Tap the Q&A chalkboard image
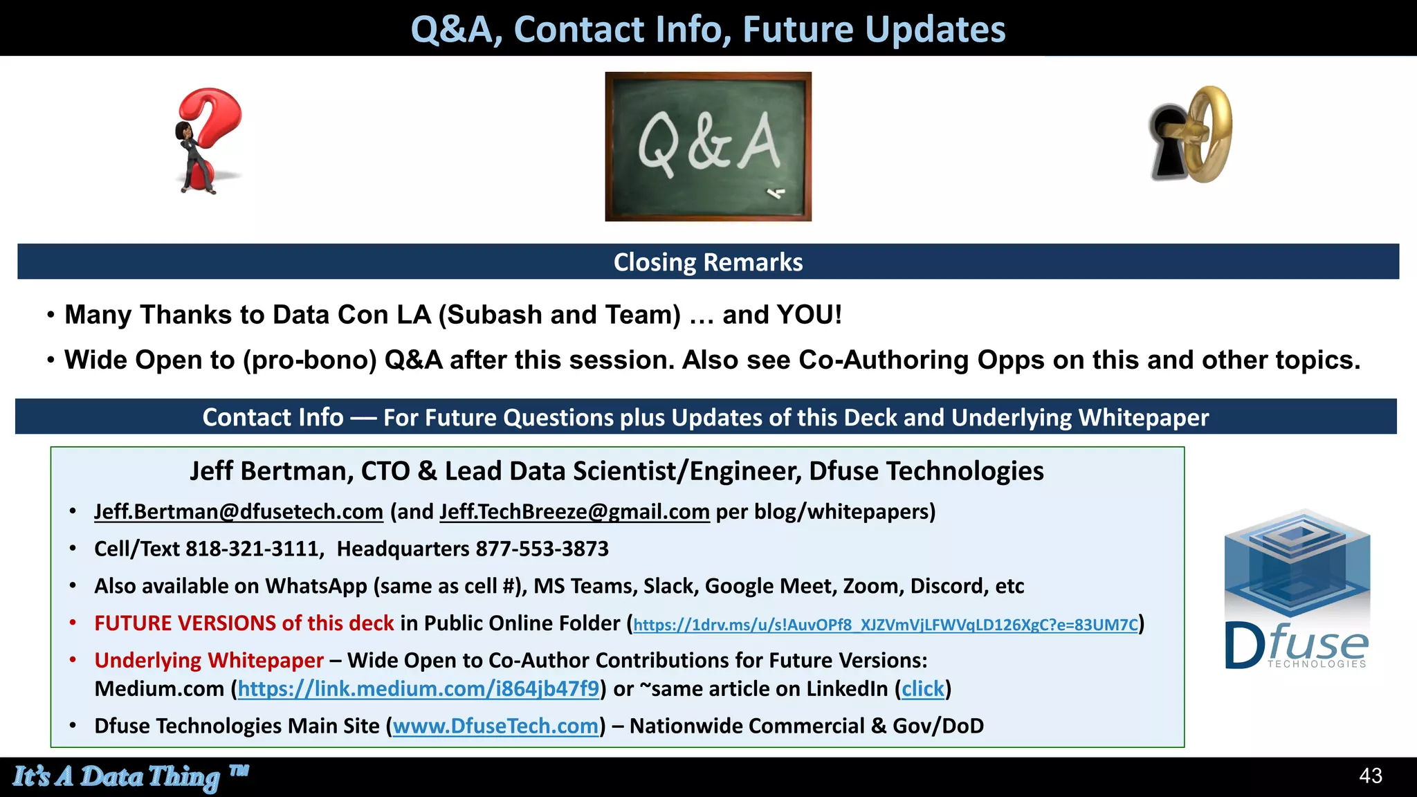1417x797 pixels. pyautogui.click(x=708, y=147)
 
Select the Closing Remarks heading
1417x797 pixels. pyautogui.click(x=708, y=262)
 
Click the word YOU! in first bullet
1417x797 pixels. pyautogui.click(x=809, y=315)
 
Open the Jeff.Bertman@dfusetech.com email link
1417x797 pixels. pyautogui.click(x=239, y=512)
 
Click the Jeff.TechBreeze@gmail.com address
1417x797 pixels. pyautogui.click(x=574, y=512)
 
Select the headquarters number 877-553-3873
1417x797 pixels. pyautogui.click(x=542, y=549)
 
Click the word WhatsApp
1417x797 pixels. pyautogui.click(x=316, y=587)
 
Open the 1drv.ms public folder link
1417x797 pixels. pyautogui.click(x=885, y=625)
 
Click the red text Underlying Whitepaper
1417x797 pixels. pyautogui.click(x=209, y=661)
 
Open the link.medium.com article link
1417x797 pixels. pyautogui.click(x=419, y=689)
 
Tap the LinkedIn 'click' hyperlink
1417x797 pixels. pyautogui.click(x=922, y=689)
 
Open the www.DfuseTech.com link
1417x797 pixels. pyautogui.click(x=495, y=726)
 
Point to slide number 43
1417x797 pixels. pyautogui.click(x=1370, y=776)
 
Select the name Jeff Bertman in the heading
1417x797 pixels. pyautogui.click(x=271, y=471)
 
